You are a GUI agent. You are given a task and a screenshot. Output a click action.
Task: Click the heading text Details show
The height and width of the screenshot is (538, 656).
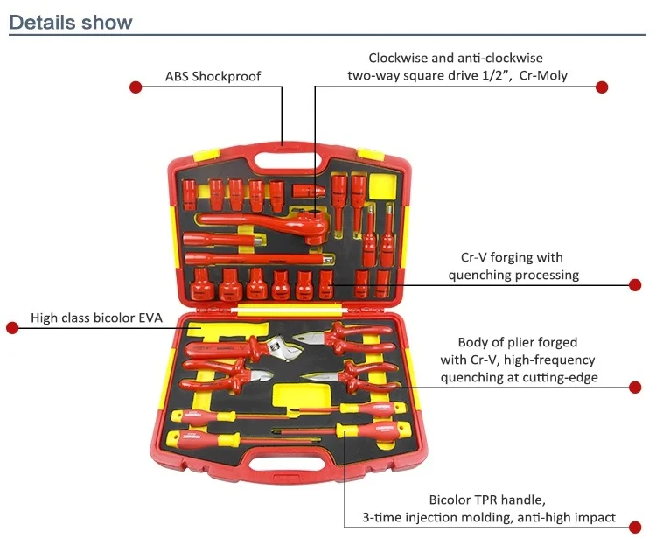tap(71, 22)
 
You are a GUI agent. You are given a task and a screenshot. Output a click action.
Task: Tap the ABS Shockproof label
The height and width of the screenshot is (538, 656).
tap(213, 76)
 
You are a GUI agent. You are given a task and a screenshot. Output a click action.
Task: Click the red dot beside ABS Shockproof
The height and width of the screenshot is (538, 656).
tap(136, 87)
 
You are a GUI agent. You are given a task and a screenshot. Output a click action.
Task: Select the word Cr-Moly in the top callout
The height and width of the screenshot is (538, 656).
tap(543, 75)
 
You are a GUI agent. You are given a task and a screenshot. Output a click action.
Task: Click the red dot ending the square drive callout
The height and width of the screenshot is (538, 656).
tap(602, 87)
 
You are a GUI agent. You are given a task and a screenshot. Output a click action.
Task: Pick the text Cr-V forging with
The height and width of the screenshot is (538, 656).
tap(512, 257)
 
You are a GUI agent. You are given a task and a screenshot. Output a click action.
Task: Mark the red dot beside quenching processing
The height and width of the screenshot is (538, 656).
tap(636, 284)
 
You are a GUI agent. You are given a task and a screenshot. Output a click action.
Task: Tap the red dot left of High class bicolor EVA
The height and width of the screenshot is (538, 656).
tap(12, 327)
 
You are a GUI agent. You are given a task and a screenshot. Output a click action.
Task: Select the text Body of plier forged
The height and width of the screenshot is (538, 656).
tap(518, 342)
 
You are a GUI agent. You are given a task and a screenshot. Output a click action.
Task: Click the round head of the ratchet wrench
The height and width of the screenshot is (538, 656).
tap(316, 222)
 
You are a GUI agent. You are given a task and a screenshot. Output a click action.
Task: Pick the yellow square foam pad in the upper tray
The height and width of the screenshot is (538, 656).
tap(383, 185)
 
